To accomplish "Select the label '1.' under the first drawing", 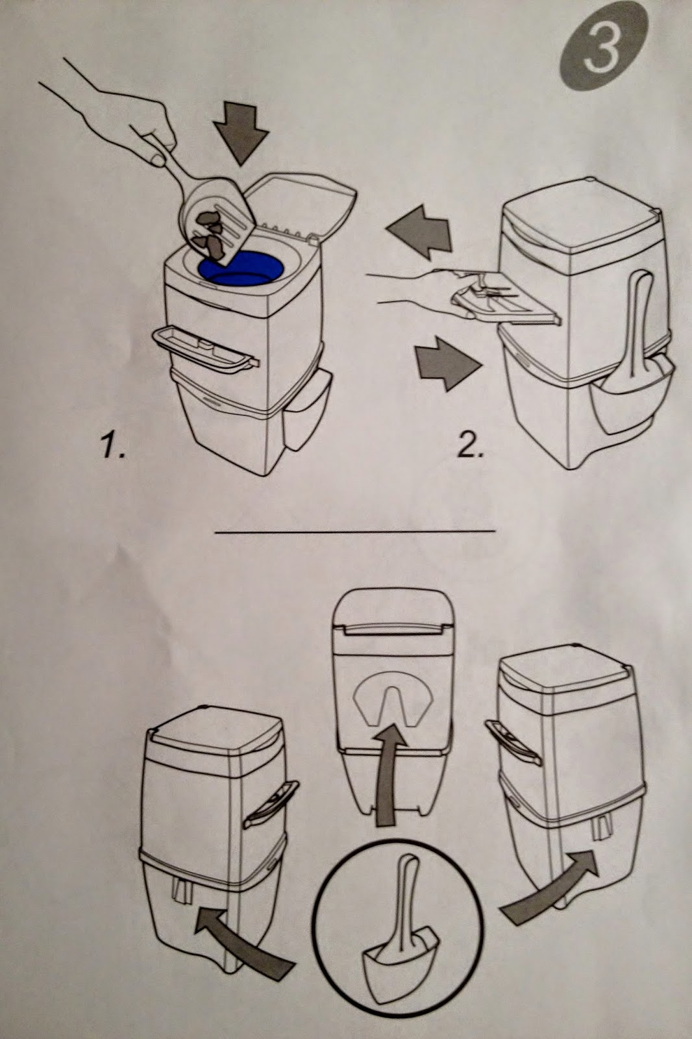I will pyautogui.click(x=113, y=448).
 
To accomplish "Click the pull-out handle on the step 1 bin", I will pyautogui.click(x=202, y=349).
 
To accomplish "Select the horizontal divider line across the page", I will pyautogui.click(x=354, y=532).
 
